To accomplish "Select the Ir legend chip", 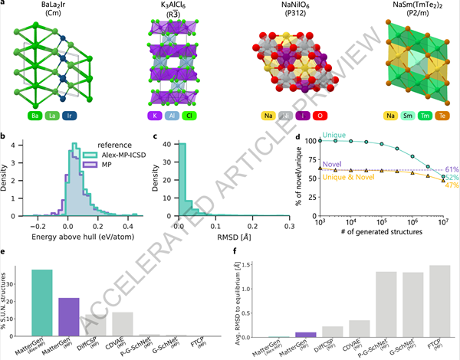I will tap(91, 117).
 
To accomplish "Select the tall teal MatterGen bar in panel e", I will tap(42, 303).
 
